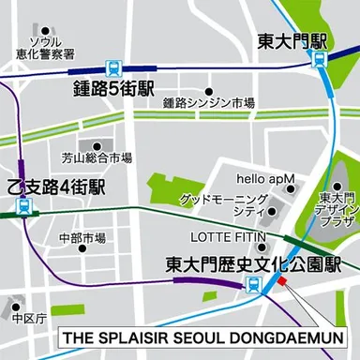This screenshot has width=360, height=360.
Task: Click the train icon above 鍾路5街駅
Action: click(112, 68)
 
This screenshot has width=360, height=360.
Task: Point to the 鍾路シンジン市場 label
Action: click(207, 103)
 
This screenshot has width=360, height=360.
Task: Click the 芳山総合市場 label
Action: click(97, 157)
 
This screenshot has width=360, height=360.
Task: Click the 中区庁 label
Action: click(30, 319)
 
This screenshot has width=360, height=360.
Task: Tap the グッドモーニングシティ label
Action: click(223, 206)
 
